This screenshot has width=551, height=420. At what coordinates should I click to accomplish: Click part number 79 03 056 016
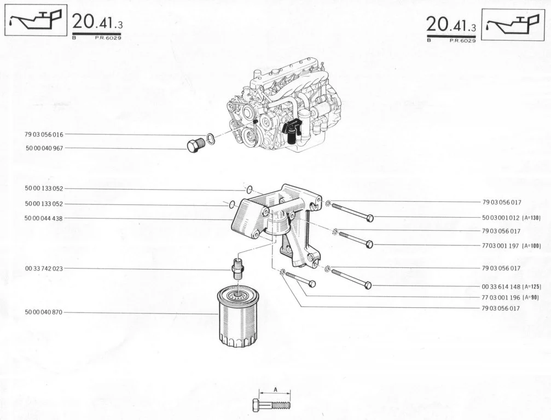(44, 134)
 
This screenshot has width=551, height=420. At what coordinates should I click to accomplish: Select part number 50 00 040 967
(44, 148)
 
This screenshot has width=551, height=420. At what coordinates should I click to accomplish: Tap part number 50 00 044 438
(44, 218)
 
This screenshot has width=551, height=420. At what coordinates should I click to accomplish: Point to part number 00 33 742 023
(44, 269)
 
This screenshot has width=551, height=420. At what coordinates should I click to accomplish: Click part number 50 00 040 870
(44, 312)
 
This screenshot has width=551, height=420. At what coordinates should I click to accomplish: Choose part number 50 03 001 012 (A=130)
(511, 218)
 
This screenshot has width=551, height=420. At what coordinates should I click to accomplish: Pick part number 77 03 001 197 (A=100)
(512, 246)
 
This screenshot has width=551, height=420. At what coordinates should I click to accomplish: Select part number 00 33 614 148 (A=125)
(512, 287)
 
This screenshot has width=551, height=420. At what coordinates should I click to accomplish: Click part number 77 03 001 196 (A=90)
(511, 297)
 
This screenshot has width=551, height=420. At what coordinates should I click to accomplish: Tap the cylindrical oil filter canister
(238, 316)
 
